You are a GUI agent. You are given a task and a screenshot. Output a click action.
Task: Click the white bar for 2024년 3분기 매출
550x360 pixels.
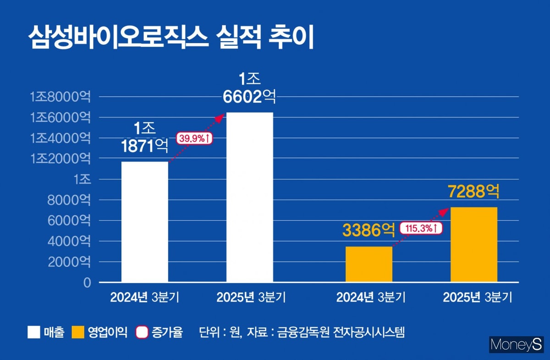click(144, 222)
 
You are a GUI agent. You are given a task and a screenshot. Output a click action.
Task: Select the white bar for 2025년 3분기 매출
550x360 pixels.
click(250, 197)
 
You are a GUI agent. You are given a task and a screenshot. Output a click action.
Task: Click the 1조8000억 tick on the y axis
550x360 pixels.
click(60, 97)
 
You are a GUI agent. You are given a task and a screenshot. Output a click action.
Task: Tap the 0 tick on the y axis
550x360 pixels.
click(87, 283)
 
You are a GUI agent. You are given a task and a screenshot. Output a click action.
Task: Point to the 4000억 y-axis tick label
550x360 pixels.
click(69, 241)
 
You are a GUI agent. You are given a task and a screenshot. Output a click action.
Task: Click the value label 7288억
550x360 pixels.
click(474, 191)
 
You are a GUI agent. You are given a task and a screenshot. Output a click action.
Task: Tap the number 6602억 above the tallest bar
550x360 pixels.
click(250, 96)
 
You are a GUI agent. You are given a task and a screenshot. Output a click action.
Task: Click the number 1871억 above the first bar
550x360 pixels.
click(145, 146)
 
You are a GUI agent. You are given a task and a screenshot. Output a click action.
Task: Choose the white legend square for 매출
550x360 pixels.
click(34, 332)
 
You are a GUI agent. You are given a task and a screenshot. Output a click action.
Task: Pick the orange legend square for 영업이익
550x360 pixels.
click(78, 332)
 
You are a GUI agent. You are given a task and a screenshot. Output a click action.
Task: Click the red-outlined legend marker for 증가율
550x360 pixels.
click(142, 332)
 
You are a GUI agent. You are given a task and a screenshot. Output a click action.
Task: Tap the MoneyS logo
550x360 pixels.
click(516, 344)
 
